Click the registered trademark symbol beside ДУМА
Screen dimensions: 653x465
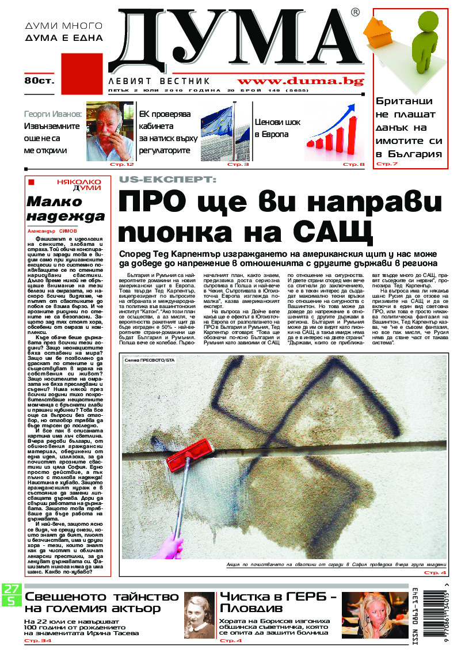point(355,12)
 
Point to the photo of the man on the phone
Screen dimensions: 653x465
point(110,131)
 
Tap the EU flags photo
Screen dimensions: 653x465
point(225,132)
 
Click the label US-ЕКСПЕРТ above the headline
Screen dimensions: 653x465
point(165,180)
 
